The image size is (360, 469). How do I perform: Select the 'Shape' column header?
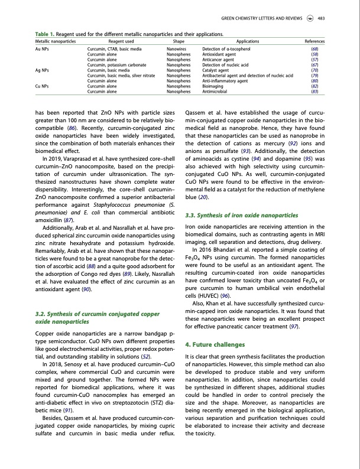click(x=178, y=42)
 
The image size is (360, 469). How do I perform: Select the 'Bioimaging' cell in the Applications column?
click(x=213, y=87)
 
